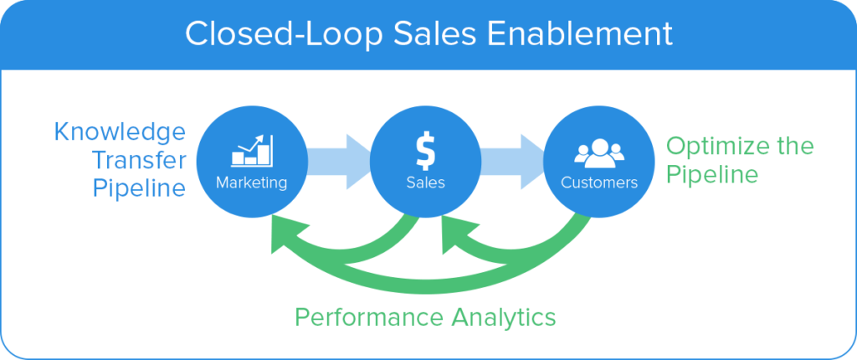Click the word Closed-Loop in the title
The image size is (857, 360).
click(277, 34)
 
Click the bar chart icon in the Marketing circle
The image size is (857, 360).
click(252, 150)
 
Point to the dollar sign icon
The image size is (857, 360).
click(424, 151)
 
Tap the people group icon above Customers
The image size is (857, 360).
click(599, 153)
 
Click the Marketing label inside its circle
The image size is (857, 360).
click(251, 183)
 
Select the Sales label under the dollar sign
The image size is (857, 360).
click(425, 183)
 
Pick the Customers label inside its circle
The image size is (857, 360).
click(599, 183)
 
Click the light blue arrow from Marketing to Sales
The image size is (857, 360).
click(339, 162)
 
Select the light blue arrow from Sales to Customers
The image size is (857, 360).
click(512, 162)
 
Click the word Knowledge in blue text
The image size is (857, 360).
click(121, 133)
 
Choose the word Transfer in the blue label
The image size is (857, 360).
click(140, 161)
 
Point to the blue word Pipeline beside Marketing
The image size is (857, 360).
click(140, 189)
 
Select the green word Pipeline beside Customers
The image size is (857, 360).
click(713, 175)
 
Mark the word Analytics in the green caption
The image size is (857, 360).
click(502, 317)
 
